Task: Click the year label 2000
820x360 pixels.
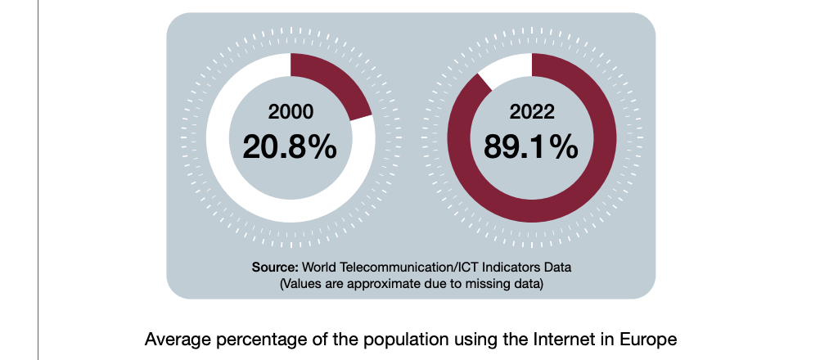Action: point(290,112)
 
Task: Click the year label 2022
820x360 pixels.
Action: point(531,112)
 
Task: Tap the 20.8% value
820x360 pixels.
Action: point(290,147)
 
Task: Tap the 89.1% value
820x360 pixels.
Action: point(531,147)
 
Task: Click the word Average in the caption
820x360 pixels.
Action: point(174,339)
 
